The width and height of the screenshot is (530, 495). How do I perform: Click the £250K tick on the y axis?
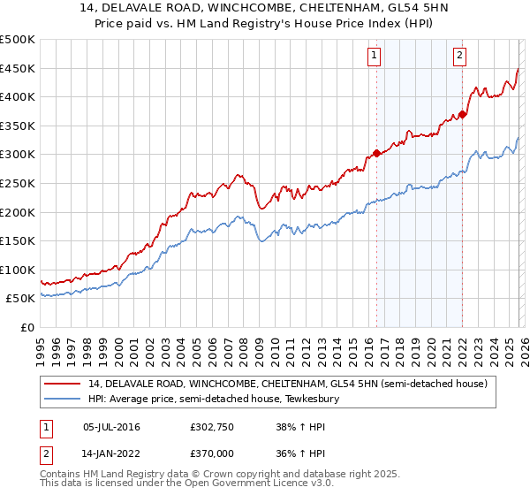pos(18,183)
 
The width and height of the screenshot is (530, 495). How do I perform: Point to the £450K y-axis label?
pos(18,68)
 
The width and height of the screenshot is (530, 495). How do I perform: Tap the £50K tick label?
pos(21,299)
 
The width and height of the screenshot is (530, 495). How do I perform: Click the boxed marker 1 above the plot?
pos(375,55)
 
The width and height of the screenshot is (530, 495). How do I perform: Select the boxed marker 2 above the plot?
pos(460,55)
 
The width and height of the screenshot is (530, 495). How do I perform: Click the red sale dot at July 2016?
pos(376,153)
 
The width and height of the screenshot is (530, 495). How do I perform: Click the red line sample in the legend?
pos(63,384)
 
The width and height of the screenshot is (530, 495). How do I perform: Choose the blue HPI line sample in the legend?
pos(63,400)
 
